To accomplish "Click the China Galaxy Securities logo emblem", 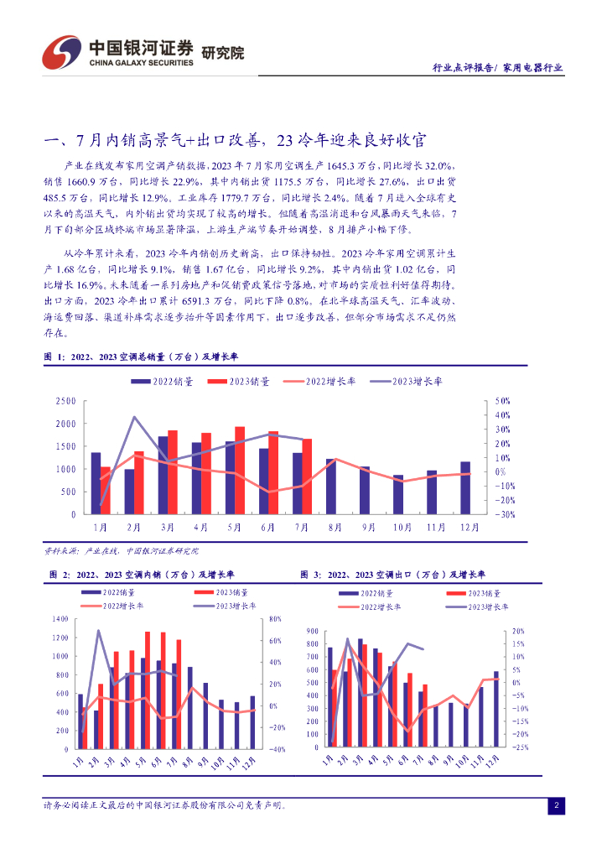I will click(60, 52).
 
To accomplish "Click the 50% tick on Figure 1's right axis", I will click(502, 401).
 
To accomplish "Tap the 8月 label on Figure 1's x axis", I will click(335, 527).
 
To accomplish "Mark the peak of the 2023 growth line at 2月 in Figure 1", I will click(134, 417).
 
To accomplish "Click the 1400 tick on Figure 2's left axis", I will click(60, 619).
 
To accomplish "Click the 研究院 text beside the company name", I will click(222, 53).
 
